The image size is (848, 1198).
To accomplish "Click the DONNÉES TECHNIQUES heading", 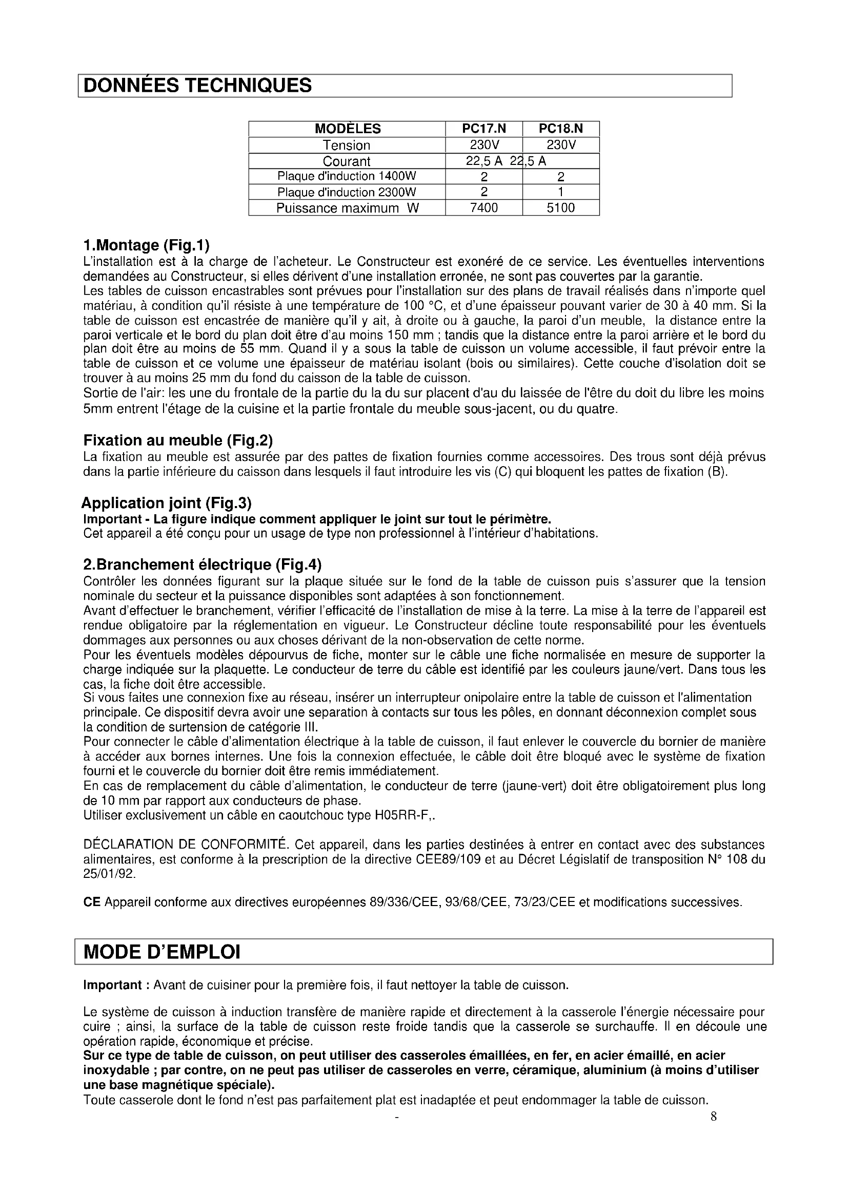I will [197, 86].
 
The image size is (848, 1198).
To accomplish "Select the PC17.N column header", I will [483, 129].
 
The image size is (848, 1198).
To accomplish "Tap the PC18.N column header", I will [561, 129].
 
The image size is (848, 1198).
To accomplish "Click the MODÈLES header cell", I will [347, 129].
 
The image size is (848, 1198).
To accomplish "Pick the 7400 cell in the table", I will [483, 207].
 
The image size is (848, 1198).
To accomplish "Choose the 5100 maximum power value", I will [560, 207].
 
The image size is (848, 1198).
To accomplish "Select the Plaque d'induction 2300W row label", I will [347, 192].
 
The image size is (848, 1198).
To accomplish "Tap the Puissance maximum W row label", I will [347, 207].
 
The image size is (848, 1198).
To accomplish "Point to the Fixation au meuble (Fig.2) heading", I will [178, 440].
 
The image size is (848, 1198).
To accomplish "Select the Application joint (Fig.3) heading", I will [167, 503].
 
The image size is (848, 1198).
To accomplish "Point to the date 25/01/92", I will [109, 874].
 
